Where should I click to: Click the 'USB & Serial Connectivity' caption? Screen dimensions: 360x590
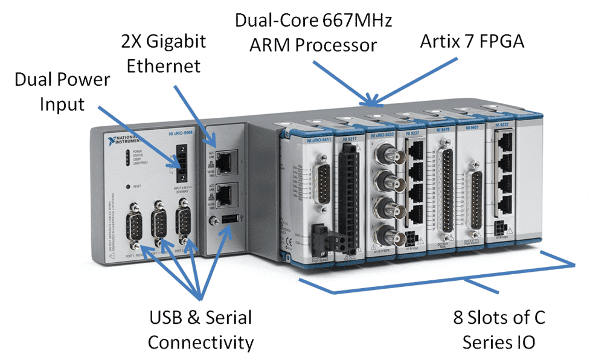coord(200,329)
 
